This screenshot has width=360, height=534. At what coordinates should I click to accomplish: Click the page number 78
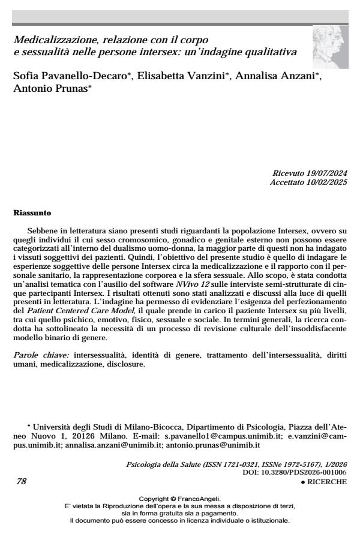(19, 481)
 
